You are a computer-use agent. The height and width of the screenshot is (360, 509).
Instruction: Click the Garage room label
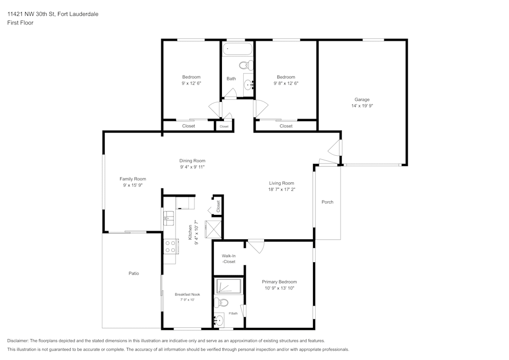click(x=362, y=100)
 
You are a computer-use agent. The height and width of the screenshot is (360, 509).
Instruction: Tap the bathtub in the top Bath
click(x=238, y=50)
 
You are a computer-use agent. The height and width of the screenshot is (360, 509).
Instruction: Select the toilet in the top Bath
click(x=246, y=65)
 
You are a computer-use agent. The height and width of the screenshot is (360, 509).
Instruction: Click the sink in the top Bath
click(x=248, y=85)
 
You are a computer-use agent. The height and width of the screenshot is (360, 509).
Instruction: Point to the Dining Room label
click(x=192, y=160)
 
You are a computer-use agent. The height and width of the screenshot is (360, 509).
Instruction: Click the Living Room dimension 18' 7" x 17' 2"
click(x=281, y=189)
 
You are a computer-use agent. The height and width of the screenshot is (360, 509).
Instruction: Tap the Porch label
click(x=327, y=202)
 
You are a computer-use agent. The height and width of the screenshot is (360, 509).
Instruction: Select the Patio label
click(x=133, y=273)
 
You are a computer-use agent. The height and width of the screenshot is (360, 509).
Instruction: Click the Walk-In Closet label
click(x=229, y=259)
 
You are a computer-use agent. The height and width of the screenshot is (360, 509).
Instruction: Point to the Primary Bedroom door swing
click(x=257, y=246)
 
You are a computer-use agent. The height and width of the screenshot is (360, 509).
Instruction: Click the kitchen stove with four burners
click(x=170, y=247)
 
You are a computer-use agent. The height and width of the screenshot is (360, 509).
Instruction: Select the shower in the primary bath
click(x=229, y=286)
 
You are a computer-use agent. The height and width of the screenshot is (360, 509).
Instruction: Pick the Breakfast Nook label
click(x=187, y=294)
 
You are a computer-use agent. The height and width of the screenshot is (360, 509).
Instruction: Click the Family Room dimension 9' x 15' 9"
click(x=133, y=186)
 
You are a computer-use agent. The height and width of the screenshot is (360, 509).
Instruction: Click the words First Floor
click(x=20, y=23)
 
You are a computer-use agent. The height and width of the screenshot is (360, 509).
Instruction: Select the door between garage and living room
click(x=334, y=149)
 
